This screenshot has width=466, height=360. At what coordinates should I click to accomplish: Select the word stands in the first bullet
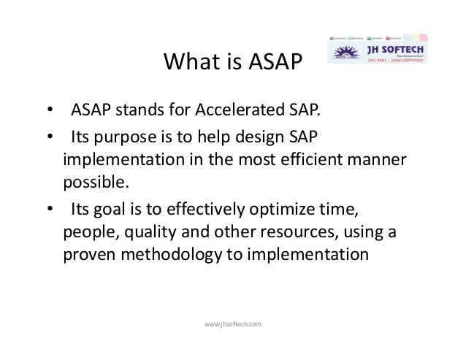(138, 112)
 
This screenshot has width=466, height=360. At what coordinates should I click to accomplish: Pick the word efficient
(317, 160)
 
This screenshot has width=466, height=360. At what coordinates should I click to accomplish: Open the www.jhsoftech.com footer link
(232, 322)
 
